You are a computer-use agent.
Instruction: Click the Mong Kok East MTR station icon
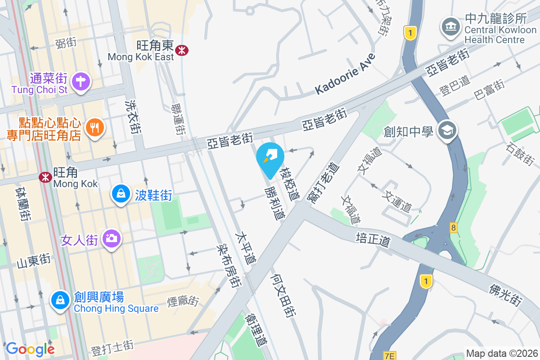(x=182, y=50)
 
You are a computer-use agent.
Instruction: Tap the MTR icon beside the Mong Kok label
(x=45, y=177)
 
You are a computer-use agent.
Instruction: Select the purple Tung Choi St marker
(x=81, y=81)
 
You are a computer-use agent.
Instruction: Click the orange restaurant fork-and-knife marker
(x=94, y=127)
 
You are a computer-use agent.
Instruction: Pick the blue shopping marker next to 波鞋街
(x=120, y=194)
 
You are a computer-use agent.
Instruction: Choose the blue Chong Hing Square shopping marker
(x=60, y=299)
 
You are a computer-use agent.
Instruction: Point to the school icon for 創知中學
(x=447, y=130)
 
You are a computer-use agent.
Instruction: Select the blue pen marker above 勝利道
(x=270, y=158)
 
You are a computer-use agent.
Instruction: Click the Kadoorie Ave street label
(x=345, y=74)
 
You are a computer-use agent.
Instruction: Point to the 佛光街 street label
(x=506, y=295)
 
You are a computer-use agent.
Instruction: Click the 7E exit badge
(x=390, y=356)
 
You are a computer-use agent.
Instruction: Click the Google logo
(x=30, y=349)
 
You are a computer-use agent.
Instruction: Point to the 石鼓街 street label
(x=520, y=153)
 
